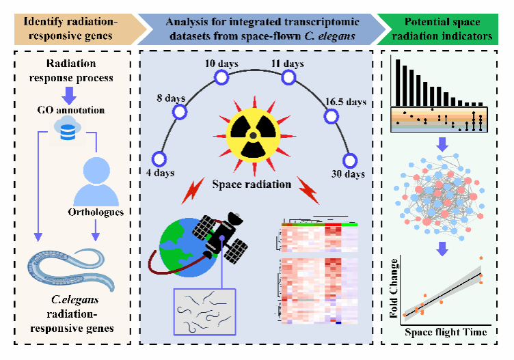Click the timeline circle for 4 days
pos(159,159)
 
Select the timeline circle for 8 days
pos(180,112)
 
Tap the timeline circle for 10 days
pos(221,78)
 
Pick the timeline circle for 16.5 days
pos(331,116)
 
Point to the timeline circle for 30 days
pos(350,161)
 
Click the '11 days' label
pos(288,64)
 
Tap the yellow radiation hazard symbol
pos(253,135)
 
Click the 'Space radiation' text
pos(252,184)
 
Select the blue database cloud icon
pos(68,128)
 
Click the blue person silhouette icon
pos(96,182)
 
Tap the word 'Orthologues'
pos(96,212)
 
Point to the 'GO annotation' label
pos(71,110)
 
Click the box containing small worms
pos(204,312)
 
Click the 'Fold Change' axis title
pos(394,288)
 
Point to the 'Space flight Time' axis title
pos(446,332)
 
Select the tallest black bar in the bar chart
pos(398,83)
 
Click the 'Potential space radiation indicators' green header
pos(437,29)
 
